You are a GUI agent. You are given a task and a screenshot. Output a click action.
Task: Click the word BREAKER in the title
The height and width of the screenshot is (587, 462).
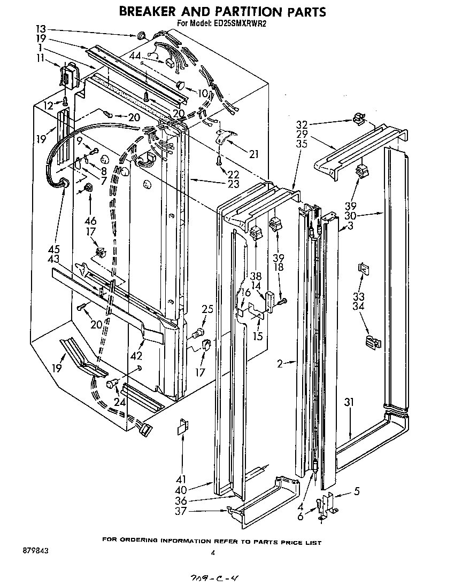pyautogui.click(x=153, y=12)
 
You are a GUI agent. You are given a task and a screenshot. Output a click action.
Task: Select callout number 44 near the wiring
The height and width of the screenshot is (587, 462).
pyautogui.click(x=135, y=56)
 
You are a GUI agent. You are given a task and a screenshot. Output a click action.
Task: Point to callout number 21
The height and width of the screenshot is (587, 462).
pyautogui.click(x=253, y=154)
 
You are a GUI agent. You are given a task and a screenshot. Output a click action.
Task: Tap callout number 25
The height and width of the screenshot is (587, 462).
pyautogui.click(x=208, y=308)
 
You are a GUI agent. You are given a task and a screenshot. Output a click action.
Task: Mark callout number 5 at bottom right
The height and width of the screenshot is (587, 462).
pyautogui.click(x=357, y=492)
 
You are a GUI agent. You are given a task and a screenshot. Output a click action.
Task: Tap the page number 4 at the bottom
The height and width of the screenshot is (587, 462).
pyautogui.click(x=212, y=554)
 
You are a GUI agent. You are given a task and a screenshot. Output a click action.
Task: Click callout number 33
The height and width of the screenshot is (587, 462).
pyautogui.click(x=358, y=296)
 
